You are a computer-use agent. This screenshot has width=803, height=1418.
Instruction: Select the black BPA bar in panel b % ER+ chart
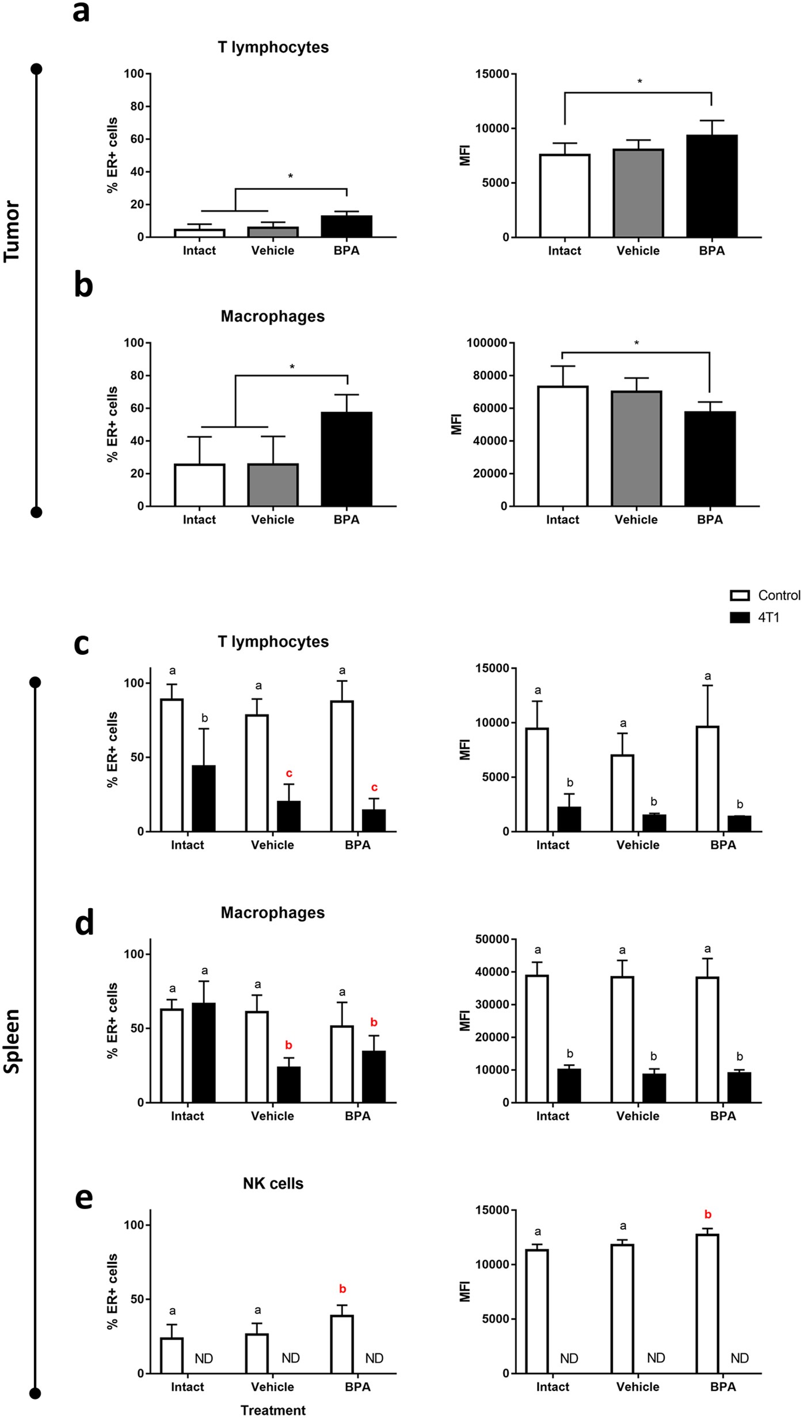[346, 459]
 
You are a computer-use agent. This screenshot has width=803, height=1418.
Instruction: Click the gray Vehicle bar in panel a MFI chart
[638, 193]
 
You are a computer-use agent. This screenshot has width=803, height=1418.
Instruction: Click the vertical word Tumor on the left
[12, 231]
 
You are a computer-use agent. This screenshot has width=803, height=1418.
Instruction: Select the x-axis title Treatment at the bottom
[273, 1410]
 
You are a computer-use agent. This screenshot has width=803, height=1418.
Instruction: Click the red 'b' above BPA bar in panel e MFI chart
[708, 1215]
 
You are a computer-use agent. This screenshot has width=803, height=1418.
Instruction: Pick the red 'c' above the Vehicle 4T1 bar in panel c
[289, 773]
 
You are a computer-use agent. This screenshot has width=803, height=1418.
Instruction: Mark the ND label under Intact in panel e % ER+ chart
[204, 1359]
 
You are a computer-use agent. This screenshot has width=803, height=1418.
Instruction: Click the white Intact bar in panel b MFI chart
[562, 446]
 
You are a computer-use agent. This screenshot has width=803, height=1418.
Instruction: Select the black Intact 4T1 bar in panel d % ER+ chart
[203, 1053]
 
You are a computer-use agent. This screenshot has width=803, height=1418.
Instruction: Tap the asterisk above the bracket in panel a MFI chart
[639, 82]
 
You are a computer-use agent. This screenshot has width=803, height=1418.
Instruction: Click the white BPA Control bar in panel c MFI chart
[707, 779]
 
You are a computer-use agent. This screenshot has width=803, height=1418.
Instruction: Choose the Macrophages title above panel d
[273, 913]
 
